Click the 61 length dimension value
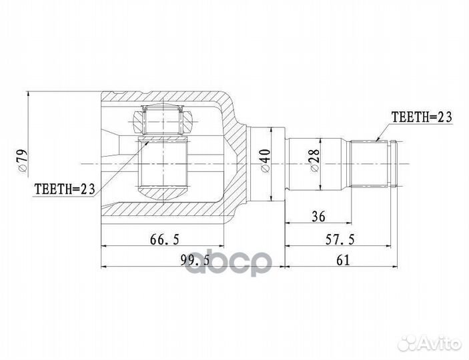click(343, 261)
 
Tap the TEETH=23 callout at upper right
click(421, 117)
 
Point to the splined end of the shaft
click(374, 163)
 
